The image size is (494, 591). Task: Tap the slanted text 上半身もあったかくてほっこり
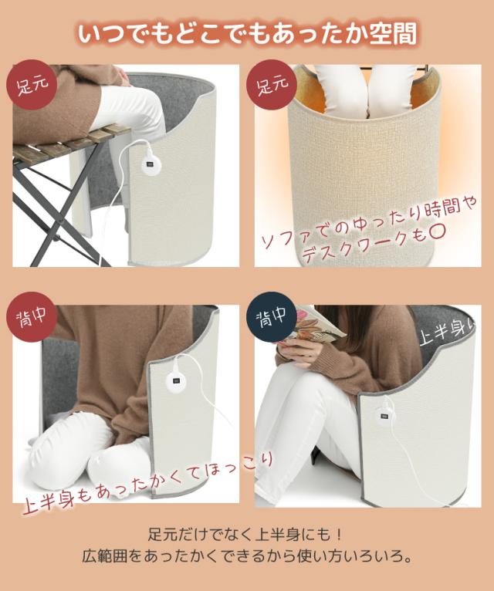147,481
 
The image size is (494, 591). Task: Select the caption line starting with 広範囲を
246,556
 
